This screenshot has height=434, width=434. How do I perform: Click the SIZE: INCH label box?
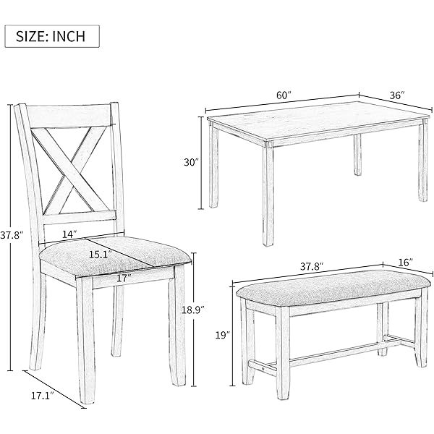pos(52,36)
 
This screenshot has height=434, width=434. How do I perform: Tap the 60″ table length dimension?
pos(284,95)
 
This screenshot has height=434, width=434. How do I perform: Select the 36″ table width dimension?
pos(397,95)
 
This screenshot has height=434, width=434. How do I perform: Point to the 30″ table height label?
pos(192,162)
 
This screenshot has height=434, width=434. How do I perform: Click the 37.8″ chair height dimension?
pos(11,236)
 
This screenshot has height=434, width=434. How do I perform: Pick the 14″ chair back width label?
pos(69,234)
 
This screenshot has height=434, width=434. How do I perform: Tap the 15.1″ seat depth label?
pos(101,255)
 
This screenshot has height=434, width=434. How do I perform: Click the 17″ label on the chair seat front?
pos(124,278)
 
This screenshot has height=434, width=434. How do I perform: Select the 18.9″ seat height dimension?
pos(193,310)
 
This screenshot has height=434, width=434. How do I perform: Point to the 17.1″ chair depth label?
pos(42,396)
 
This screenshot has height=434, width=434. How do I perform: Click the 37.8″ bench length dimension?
pos(312,266)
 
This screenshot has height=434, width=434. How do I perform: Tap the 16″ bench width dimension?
pos(406,263)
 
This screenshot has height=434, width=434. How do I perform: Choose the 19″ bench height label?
pos(223,336)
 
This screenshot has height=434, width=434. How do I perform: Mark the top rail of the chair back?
pos(69,116)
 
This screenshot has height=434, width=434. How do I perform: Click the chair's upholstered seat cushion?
pos(115,256)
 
